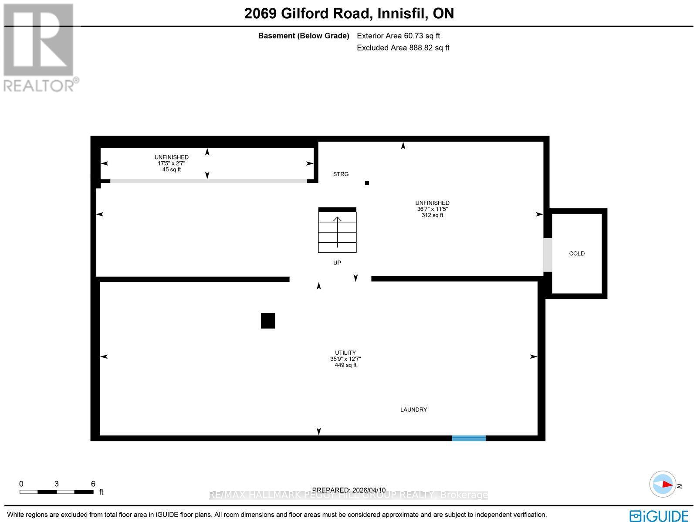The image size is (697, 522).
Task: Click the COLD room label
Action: (577, 254)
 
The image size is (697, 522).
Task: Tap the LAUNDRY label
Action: (413, 410)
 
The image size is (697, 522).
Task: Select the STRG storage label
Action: (341, 174)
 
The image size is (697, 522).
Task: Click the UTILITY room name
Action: (345, 353)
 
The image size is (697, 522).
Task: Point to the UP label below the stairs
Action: (337, 263)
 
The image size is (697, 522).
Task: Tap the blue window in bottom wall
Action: (469, 438)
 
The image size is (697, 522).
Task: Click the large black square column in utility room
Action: (268, 321)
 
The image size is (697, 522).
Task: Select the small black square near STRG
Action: (367, 183)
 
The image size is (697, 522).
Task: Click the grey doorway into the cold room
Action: (548, 255)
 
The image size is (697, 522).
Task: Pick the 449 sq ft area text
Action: (345, 365)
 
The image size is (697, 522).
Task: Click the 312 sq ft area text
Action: (432, 215)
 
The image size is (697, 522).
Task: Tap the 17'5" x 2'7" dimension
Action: (172, 163)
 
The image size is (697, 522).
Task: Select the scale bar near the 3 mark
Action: (57, 491)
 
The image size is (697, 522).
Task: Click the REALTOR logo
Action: (41, 48)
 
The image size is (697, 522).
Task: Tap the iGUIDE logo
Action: (659, 515)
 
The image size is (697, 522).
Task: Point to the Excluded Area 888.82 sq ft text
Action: (403, 48)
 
